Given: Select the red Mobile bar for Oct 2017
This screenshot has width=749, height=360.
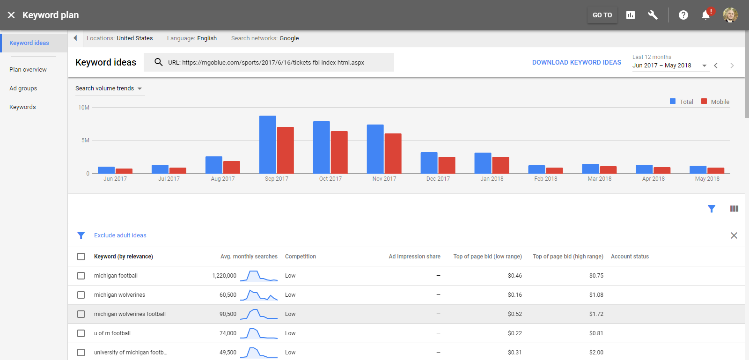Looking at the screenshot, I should click(x=339, y=152).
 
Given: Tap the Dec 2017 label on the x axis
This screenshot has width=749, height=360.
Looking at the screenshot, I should click(x=438, y=179).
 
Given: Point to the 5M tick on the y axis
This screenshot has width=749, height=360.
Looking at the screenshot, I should click(x=85, y=140).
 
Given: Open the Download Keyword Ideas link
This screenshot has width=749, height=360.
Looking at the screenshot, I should click(x=576, y=62).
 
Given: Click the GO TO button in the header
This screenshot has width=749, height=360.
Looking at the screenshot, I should click(x=602, y=15).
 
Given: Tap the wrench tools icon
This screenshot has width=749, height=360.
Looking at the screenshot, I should click(x=653, y=15).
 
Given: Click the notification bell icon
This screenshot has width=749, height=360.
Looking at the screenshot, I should click(x=705, y=15).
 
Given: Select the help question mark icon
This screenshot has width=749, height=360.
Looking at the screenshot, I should click(x=683, y=15).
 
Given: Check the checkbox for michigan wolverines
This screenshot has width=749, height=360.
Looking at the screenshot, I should click(x=81, y=295).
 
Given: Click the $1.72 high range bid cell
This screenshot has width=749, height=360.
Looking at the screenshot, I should click(x=596, y=314).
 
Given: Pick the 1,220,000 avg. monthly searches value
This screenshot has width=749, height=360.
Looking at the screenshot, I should click(x=224, y=276).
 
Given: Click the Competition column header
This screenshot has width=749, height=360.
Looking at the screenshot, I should click(x=300, y=257).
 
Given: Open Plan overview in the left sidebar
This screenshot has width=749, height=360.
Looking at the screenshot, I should click(x=28, y=70).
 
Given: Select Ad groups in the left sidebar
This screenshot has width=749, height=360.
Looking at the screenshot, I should click(x=23, y=88).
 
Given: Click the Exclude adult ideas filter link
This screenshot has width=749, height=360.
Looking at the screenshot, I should click(x=120, y=235).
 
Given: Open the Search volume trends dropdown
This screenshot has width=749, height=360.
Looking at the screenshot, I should click(x=109, y=88).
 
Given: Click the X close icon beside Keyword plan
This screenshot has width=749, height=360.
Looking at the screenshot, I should click(x=11, y=15).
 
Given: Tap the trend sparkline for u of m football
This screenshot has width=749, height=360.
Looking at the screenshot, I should click(x=258, y=333).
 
